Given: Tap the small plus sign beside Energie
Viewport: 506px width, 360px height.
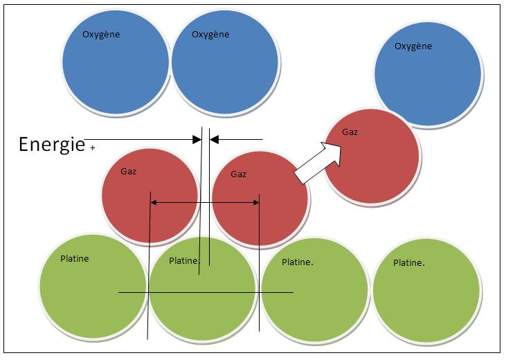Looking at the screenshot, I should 92,147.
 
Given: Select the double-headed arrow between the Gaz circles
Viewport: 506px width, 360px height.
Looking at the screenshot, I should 205,202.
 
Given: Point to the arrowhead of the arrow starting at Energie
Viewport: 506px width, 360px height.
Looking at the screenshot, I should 197,139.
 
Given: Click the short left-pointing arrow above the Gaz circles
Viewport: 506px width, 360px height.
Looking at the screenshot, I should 235,139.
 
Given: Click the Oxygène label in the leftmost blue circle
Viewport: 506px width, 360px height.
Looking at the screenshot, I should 102,34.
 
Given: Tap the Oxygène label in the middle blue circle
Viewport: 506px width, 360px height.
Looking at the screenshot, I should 210,34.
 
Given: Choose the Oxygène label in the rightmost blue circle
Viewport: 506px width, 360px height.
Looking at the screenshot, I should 413,46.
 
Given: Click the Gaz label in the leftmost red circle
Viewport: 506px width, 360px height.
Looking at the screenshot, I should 129,170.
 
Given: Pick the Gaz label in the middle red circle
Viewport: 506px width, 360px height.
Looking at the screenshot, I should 238,174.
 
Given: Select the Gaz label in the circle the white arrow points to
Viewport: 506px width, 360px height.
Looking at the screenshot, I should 350,132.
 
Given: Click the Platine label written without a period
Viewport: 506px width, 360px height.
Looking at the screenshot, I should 75,259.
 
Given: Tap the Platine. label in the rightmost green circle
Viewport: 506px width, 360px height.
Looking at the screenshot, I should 408,263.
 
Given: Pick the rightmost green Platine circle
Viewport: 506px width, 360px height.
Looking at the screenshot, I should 426,291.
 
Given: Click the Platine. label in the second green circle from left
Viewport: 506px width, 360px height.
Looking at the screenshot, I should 185,260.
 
